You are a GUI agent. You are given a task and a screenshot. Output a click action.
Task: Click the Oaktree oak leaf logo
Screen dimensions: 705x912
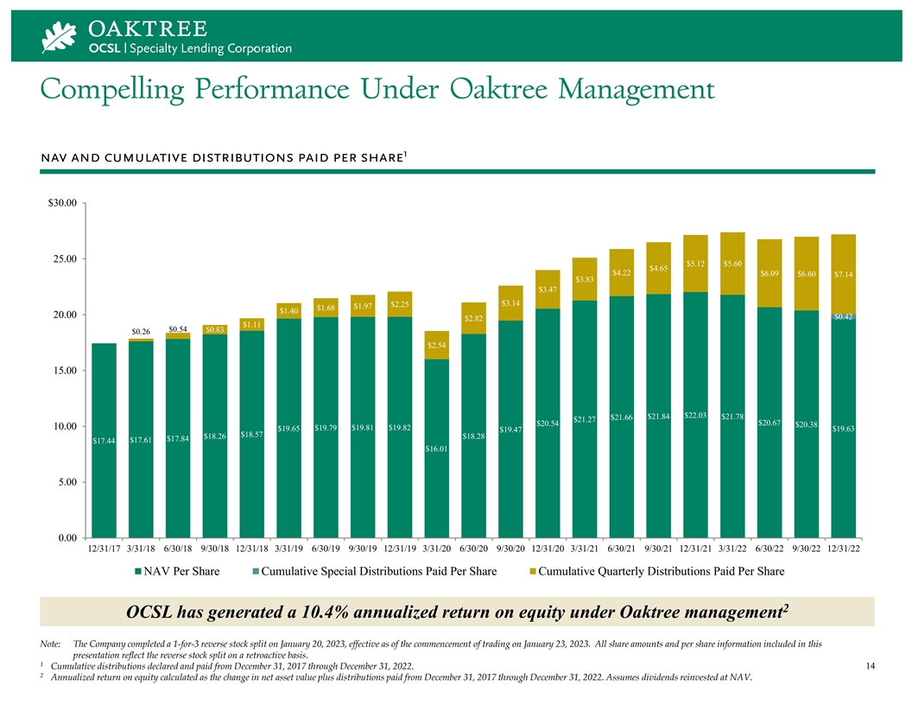point(60,36)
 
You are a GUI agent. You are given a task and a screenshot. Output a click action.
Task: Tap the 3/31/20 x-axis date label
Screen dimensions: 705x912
point(436,548)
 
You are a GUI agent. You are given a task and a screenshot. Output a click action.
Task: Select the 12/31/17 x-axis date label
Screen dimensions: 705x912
point(104,548)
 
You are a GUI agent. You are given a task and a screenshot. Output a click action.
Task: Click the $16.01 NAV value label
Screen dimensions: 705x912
point(436,448)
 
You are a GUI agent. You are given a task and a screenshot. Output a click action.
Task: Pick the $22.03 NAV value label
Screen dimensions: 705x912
point(696,416)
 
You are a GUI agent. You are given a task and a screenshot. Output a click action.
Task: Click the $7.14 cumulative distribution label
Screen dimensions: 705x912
point(844,275)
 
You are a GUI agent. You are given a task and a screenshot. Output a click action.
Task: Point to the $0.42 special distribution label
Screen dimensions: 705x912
point(844,317)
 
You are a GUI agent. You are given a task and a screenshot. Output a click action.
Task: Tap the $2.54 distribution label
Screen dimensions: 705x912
point(436,346)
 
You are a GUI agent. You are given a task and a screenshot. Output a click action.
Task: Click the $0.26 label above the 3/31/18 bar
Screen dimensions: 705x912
point(141,332)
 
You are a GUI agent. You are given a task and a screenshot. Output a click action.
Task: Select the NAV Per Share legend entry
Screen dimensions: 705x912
point(176,571)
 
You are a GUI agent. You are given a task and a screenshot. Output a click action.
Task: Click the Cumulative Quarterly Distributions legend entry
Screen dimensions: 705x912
point(655,571)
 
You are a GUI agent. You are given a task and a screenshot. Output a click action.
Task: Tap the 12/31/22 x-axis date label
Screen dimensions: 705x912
point(844,548)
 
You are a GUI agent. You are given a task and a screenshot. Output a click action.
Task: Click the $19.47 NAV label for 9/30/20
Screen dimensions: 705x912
point(511,429)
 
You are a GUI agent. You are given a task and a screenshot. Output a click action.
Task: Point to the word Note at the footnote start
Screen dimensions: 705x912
point(51,644)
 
